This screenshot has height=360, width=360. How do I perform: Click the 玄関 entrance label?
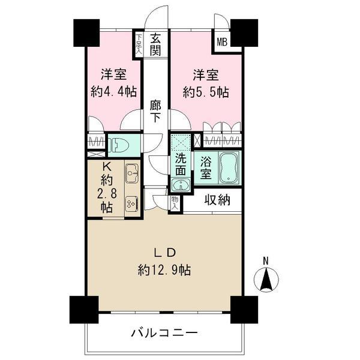point(155,44)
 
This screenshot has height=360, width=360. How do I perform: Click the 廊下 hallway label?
point(155,111)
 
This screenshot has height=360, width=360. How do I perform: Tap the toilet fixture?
point(121,145)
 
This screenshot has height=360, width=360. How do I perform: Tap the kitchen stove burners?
point(132,205)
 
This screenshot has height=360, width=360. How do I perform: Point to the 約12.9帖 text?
point(164,270)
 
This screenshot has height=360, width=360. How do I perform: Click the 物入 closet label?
point(175,202)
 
